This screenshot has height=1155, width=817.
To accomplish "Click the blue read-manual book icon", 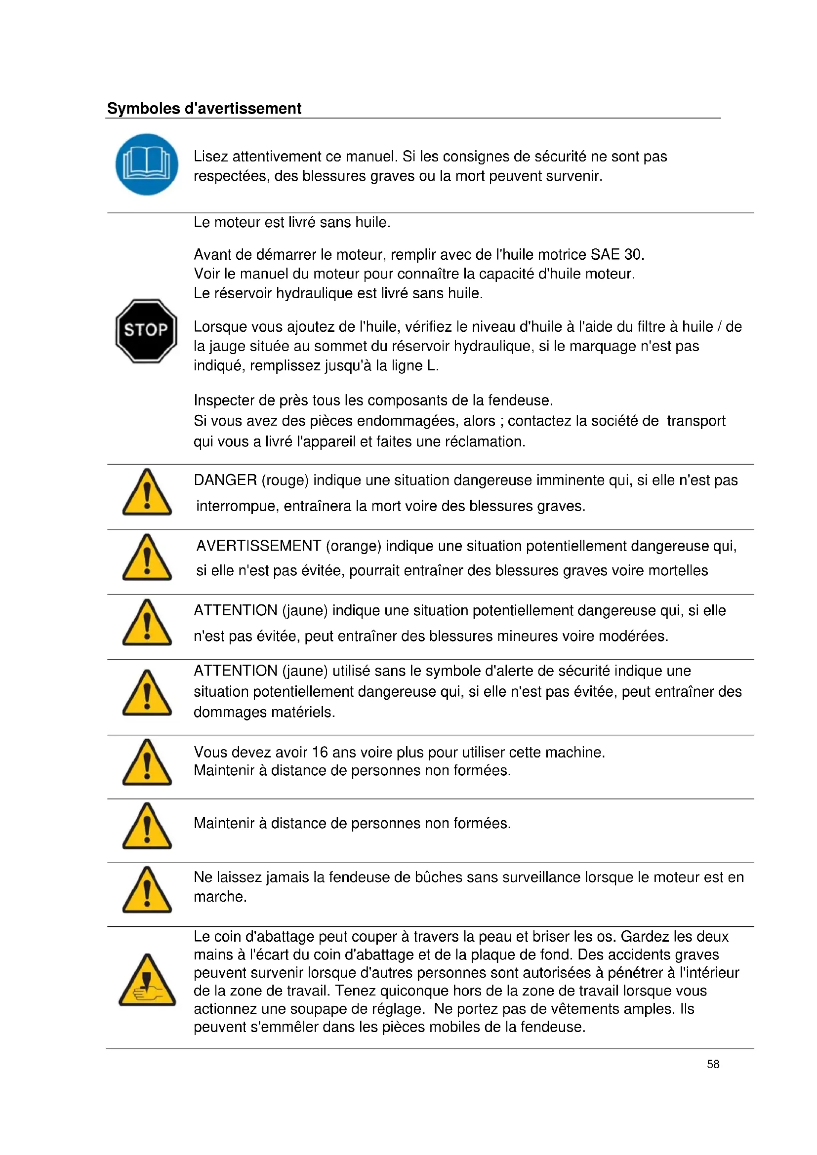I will tap(146, 164).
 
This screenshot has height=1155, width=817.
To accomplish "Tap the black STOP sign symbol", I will tap(146, 330).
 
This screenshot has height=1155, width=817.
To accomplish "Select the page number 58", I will tap(713, 1064).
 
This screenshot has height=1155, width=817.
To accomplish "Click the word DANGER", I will tap(225, 480).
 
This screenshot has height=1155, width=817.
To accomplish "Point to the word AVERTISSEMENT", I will tap(258, 546).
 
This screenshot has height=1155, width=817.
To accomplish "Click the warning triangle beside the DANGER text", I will tap(147, 493).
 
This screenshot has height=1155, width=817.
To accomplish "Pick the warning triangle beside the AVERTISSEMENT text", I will tap(147, 558).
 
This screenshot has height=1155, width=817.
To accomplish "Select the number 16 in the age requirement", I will tap(320, 752).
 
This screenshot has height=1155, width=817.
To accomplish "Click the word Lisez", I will tap(211, 157).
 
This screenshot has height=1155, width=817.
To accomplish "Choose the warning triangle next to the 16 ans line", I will tap(147, 763).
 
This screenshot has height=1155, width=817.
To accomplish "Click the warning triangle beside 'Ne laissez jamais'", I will tap(147, 891).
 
